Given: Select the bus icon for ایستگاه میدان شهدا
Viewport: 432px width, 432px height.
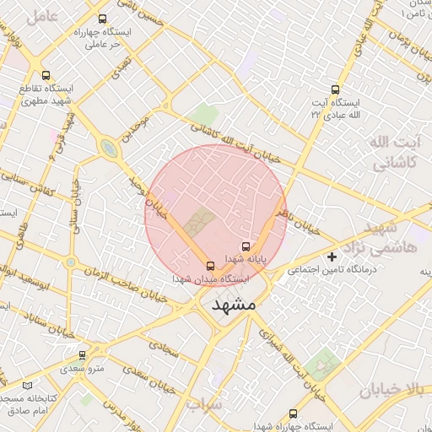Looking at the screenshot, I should [x=211, y=266].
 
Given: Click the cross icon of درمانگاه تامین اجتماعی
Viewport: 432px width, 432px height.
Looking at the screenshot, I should [x=332, y=256].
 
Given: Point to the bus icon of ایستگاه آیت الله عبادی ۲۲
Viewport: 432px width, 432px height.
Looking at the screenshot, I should [x=335, y=89].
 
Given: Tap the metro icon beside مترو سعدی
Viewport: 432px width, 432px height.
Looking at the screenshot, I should [x=82, y=355].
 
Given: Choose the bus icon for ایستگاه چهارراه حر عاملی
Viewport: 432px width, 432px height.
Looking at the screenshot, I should [x=102, y=19].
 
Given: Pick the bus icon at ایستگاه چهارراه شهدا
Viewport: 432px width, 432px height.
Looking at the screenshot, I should [x=293, y=413].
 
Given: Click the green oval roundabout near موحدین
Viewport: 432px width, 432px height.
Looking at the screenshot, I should [x=109, y=149].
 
